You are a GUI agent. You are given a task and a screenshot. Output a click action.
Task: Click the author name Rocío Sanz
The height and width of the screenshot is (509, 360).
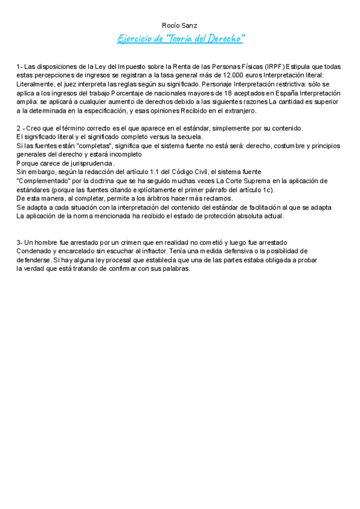180,25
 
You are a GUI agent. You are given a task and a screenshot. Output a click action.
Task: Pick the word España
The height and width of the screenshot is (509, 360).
280,93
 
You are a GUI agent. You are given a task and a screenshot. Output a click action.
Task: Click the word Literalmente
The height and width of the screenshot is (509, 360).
37,84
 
